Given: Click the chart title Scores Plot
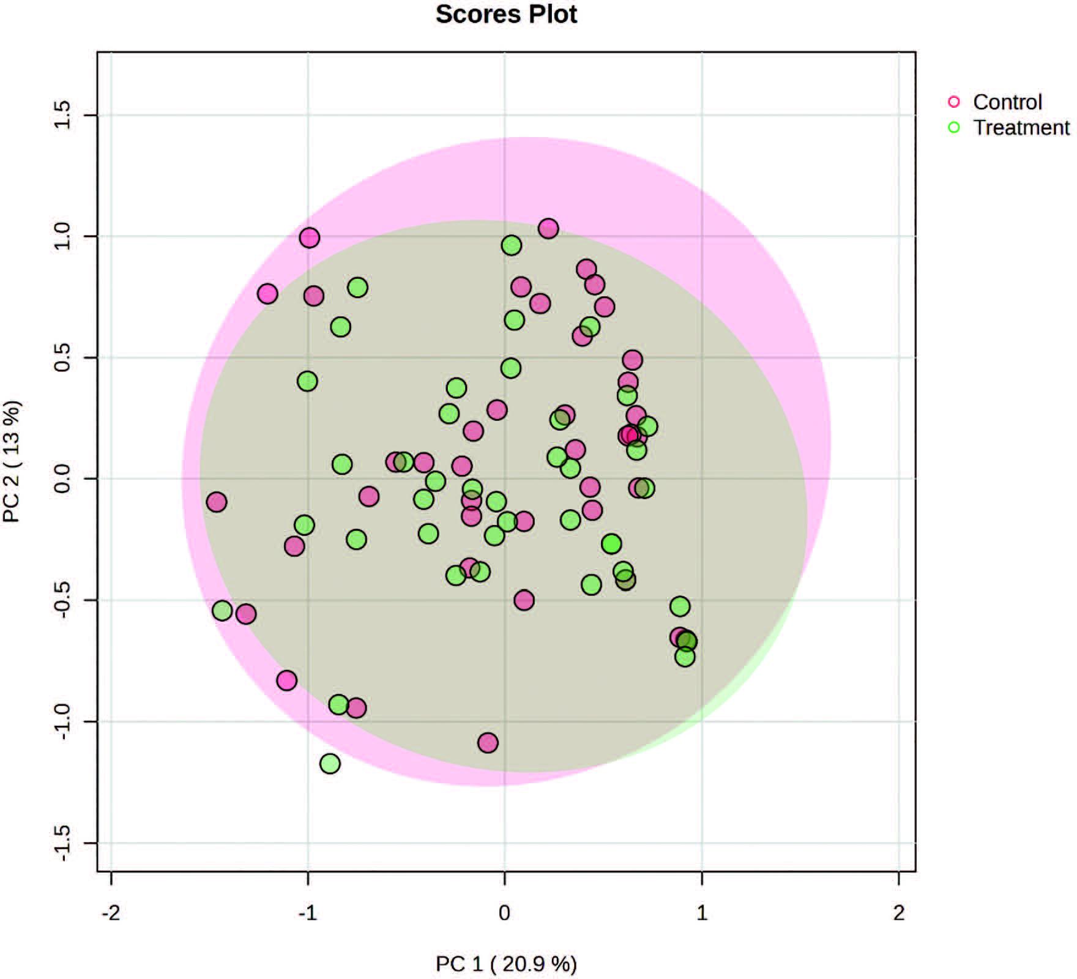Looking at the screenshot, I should tap(506, 14).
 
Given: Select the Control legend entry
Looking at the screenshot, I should tap(1007, 102).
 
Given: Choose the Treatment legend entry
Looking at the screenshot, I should tap(1021, 127).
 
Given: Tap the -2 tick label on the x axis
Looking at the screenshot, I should tap(111, 914).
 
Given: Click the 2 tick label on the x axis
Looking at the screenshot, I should tap(898, 914).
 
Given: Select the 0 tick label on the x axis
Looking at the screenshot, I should tap(504, 914).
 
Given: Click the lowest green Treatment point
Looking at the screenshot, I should tap(330, 763).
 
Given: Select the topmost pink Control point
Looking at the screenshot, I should tap(548, 229).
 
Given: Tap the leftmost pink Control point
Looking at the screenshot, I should tap(217, 502).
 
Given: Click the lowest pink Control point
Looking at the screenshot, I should tap(488, 743).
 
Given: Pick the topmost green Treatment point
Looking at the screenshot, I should tap(512, 245).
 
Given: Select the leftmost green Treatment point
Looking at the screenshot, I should tap(222, 611).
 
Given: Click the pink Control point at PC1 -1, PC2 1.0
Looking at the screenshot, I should tap(310, 237).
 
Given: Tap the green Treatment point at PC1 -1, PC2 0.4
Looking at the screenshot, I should tap(307, 381).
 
